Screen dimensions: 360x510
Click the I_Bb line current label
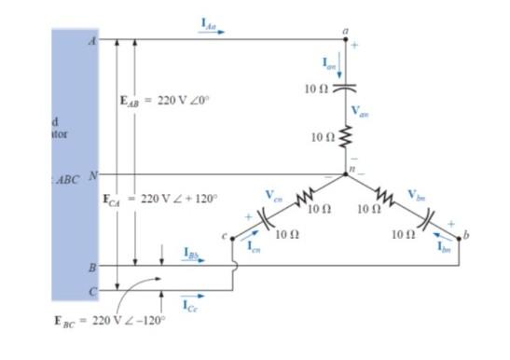click(192, 251)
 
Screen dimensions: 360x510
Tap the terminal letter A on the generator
click(91, 41)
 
